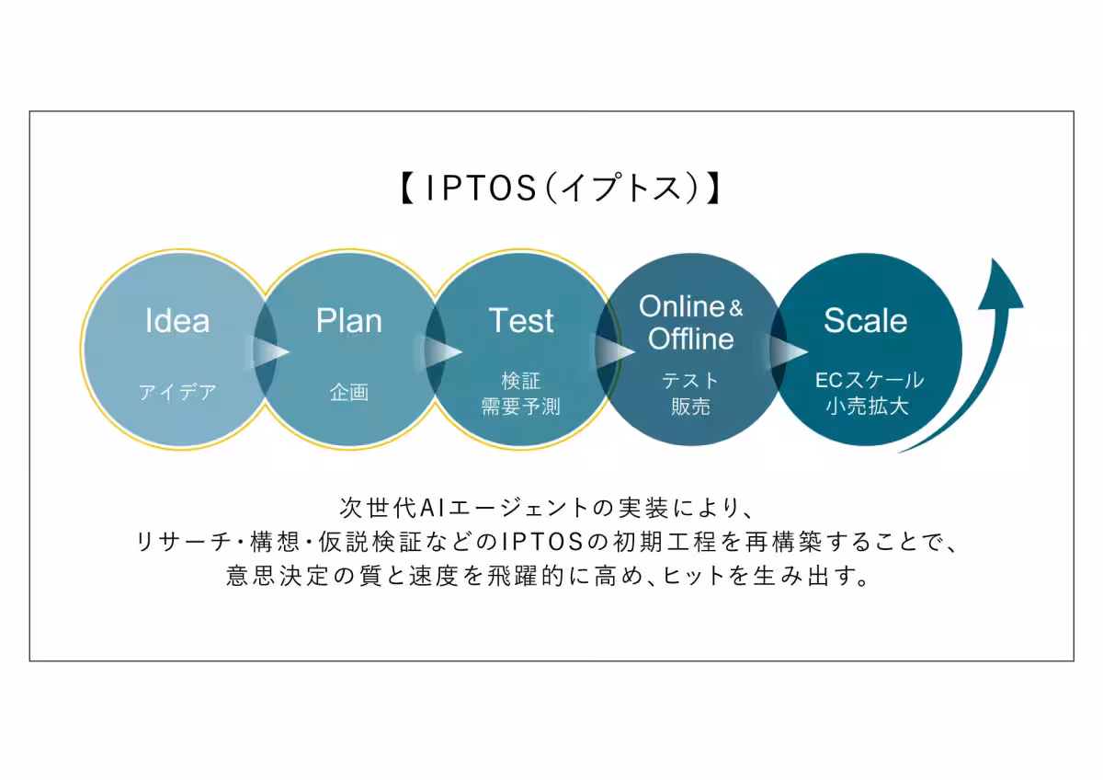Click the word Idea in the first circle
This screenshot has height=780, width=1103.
[x=177, y=321]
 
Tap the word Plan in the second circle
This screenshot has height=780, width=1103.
[x=349, y=321]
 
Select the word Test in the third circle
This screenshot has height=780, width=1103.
[x=521, y=321]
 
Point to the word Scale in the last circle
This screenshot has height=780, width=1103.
[x=866, y=321]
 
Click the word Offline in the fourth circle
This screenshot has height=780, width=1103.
[x=691, y=338]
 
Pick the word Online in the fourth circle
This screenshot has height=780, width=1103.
[x=681, y=306]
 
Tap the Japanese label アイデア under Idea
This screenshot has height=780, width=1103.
[x=177, y=392]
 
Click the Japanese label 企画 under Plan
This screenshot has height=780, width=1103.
[x=349, y=392]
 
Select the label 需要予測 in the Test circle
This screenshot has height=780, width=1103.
[x=521, y=407]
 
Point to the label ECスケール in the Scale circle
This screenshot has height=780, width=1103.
[x=870, y=381]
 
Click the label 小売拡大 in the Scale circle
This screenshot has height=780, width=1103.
[x=867, y=407]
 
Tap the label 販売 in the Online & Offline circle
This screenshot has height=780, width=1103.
[x=690, y=407]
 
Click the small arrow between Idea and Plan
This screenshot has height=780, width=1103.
[x=271, y=351]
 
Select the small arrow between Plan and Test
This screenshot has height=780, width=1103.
[x=443, y=351]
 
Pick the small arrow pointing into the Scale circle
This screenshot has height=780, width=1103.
[x=789, y=351]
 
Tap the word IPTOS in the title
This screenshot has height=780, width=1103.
[x=481, y=189]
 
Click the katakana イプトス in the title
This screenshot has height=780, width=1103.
[x=622, y=189]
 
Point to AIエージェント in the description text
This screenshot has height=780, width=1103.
[x=505, y=508]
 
